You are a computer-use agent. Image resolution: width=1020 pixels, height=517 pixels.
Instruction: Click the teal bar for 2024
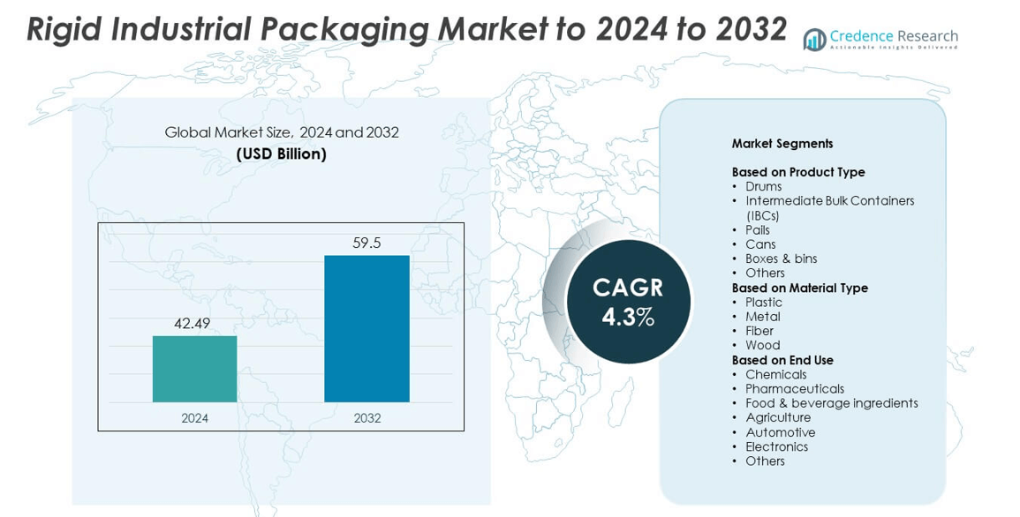point(194,369)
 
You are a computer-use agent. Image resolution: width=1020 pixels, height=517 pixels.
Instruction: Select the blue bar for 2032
point(366,328)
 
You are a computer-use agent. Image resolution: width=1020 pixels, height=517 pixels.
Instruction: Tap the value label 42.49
point(193,324)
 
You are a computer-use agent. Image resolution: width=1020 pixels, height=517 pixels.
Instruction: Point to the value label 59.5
point(366,243)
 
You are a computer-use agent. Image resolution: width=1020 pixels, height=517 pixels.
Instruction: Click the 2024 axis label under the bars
point(194,418)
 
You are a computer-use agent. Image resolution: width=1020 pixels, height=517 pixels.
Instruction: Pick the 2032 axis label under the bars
point(367,418)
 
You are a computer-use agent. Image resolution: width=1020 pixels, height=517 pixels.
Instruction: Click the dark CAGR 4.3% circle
point(628,302)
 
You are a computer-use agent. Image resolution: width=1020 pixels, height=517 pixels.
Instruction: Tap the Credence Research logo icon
point(814,40)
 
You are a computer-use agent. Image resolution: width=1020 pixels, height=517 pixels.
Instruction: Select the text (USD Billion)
point(281,154)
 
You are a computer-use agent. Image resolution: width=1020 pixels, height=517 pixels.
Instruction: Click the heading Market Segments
point(782,144)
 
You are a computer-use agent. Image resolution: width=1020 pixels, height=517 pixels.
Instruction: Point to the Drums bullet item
point(763,187)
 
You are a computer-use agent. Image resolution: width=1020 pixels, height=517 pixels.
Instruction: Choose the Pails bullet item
point(758,230)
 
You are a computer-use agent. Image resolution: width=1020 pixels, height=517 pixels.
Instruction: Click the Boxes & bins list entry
point(781,258)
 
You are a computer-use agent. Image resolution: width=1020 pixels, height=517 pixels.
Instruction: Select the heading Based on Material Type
point(799,288)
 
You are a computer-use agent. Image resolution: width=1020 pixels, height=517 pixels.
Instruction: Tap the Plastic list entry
point(763,303)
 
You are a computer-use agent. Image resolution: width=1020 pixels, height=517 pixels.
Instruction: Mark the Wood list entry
point(762,345)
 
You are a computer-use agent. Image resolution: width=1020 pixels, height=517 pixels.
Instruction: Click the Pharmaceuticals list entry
point(794,389)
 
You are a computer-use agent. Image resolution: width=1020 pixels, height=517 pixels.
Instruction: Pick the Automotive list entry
point(780,432)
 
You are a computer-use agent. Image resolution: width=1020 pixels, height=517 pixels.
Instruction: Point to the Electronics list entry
point(776,446)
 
